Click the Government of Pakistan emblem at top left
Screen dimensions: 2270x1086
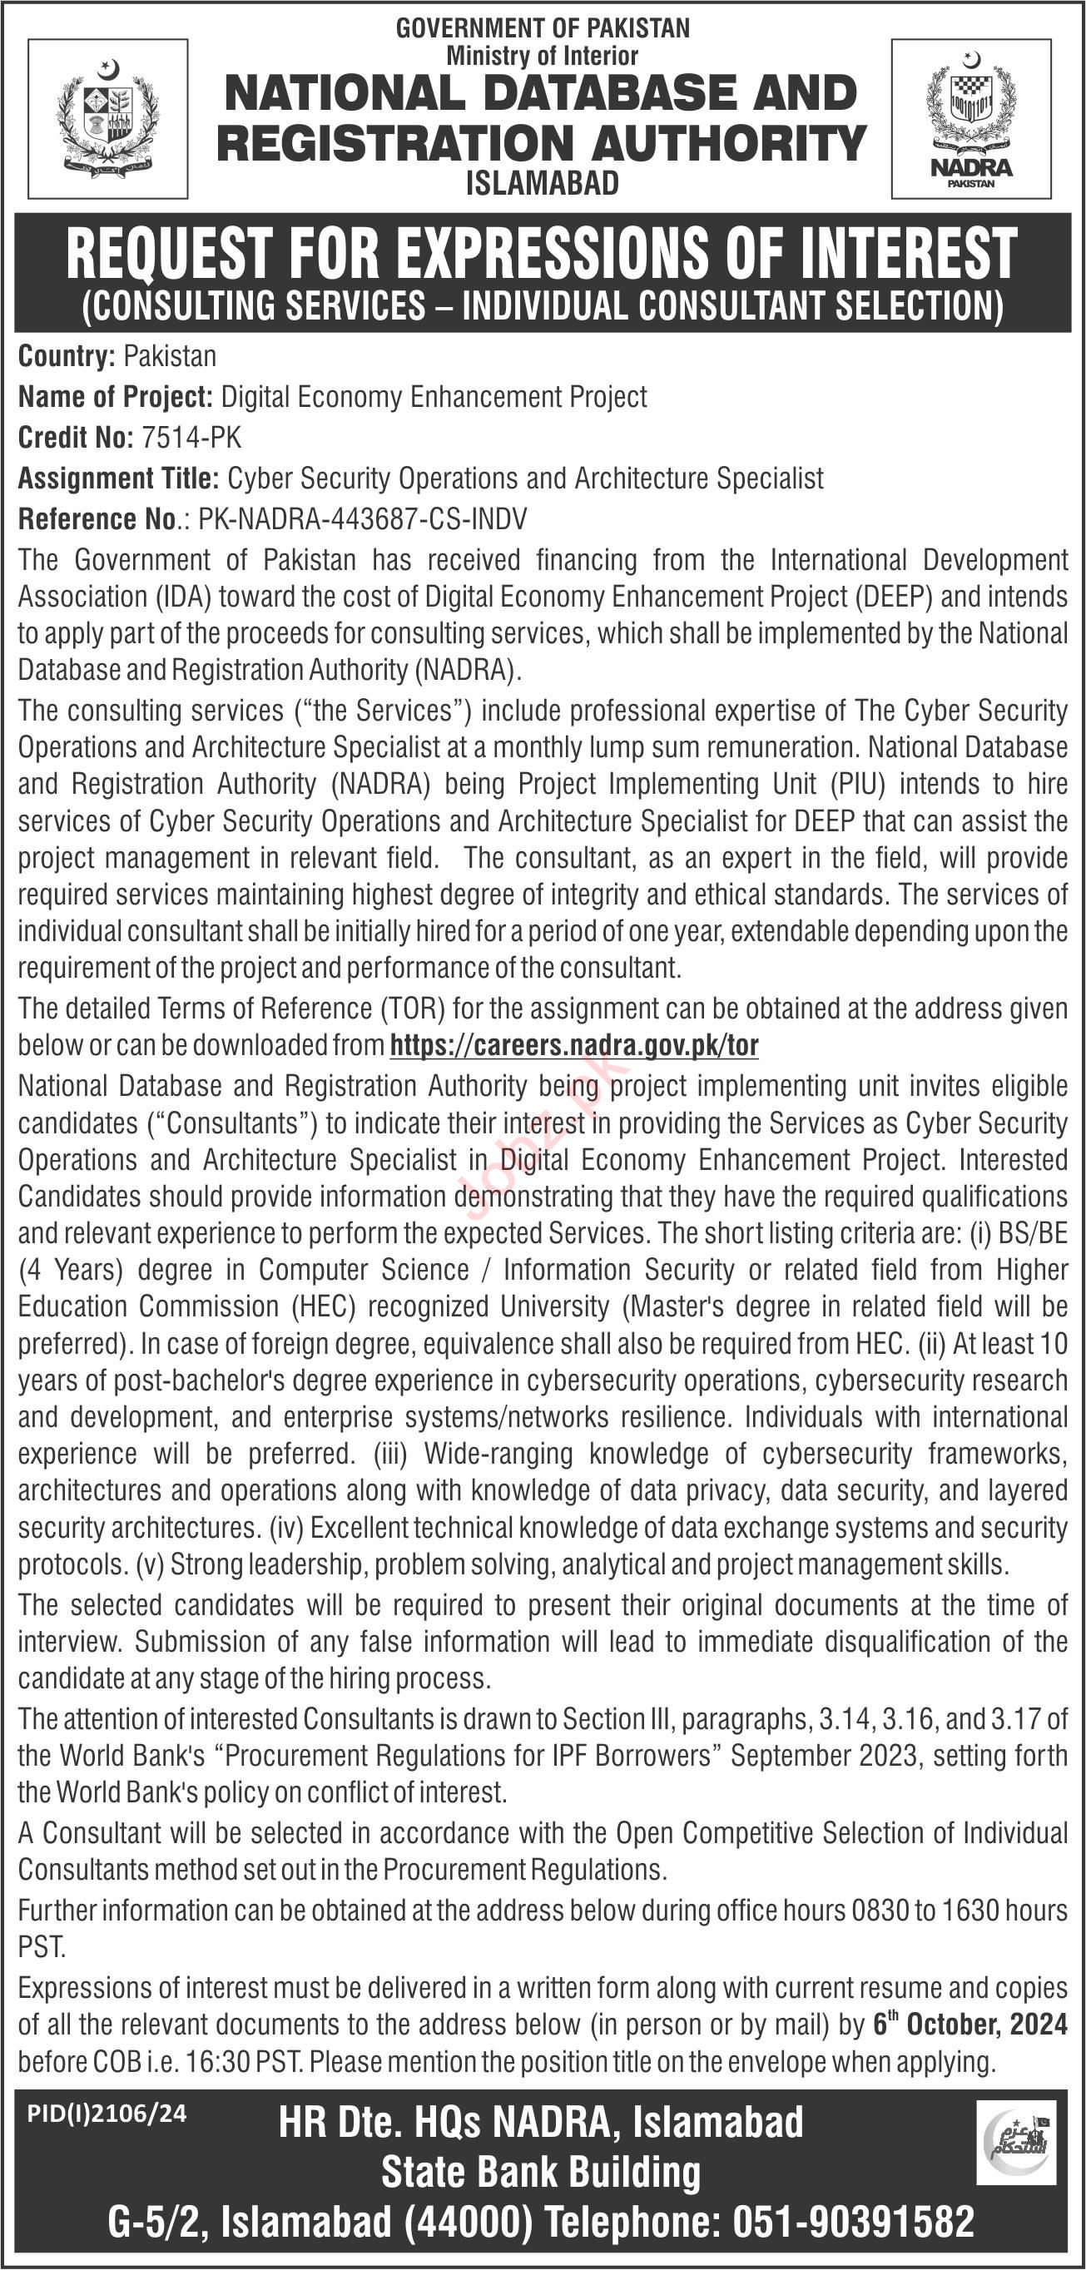(x=107, y=117)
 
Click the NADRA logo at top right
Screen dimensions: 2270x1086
(x=970, y=118)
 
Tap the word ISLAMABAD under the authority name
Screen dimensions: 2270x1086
(x=542, y=183)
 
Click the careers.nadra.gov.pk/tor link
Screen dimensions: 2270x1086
(x=574, y=1045)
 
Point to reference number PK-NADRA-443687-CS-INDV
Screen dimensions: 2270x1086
(x=362, y=519)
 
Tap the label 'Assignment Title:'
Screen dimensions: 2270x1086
(x=118, y=478)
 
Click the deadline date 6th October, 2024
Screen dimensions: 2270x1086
(x=969, y=2025)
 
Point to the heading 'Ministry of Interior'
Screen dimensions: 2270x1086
(x=542, y=57)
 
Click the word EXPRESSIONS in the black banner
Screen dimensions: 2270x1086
(x=554, y=254)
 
